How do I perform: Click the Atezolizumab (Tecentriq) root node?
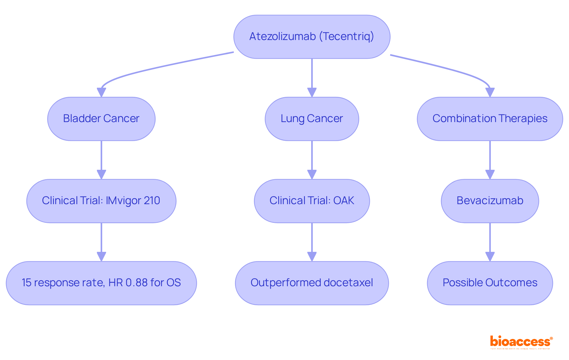click(x=312, y=37)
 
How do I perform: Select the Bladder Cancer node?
click(x=101, y=119)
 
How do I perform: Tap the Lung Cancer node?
click(x=312, y=119)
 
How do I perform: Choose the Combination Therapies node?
click(x=490, y=119)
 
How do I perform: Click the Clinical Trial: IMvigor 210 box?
click(x=101, y=201)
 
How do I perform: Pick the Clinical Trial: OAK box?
click(x=312, y=201)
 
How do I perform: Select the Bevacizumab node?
click(x=490, y=201)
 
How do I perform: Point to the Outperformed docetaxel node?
click(x=312, y=283)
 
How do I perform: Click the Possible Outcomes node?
click(x=490, y=283)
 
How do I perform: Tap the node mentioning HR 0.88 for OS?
click(x=101, y=283)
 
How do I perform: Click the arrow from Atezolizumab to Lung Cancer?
click(x=312, y=77)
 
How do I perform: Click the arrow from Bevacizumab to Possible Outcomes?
click(x=490, y=241)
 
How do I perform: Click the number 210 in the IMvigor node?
click(x=152, y=201)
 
